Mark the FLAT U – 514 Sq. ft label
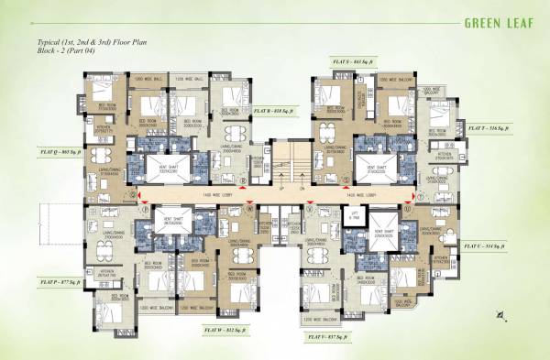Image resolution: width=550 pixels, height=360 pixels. click(x=492, y=247)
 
